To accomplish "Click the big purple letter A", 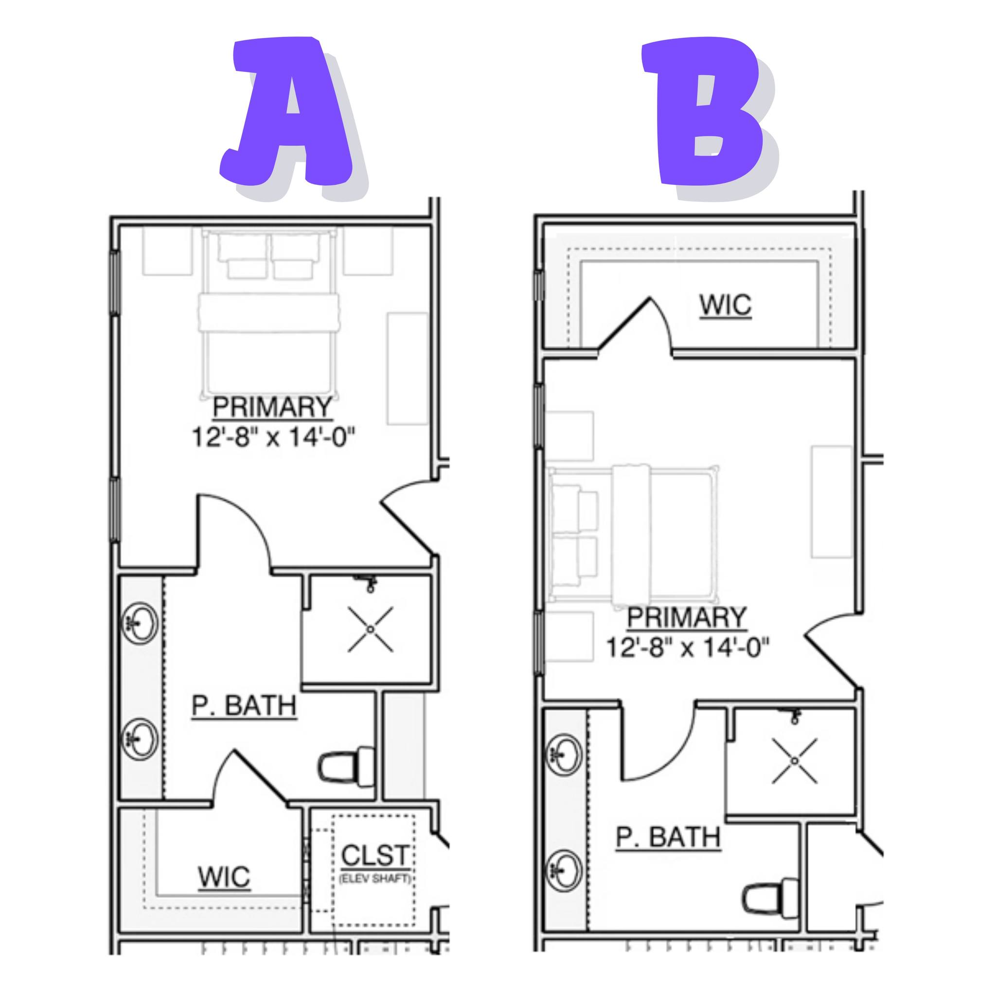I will pos(289,113).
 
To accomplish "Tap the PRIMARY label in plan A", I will pos(272,407).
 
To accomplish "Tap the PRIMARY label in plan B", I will pos(687,617).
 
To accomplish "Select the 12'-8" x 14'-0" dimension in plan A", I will pos(274,438).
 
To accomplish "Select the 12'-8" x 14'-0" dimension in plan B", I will pos(688,647).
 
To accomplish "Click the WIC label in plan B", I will pos(725,305).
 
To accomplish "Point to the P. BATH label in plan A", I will pos(244,705).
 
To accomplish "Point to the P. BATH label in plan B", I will pos(668,837).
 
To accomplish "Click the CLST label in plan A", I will pos(375,856).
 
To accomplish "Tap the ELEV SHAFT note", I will pos(375,878).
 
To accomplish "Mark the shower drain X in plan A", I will pos(371,629).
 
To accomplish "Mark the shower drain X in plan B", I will pos(795,761).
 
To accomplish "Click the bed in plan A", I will pos(269,315).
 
